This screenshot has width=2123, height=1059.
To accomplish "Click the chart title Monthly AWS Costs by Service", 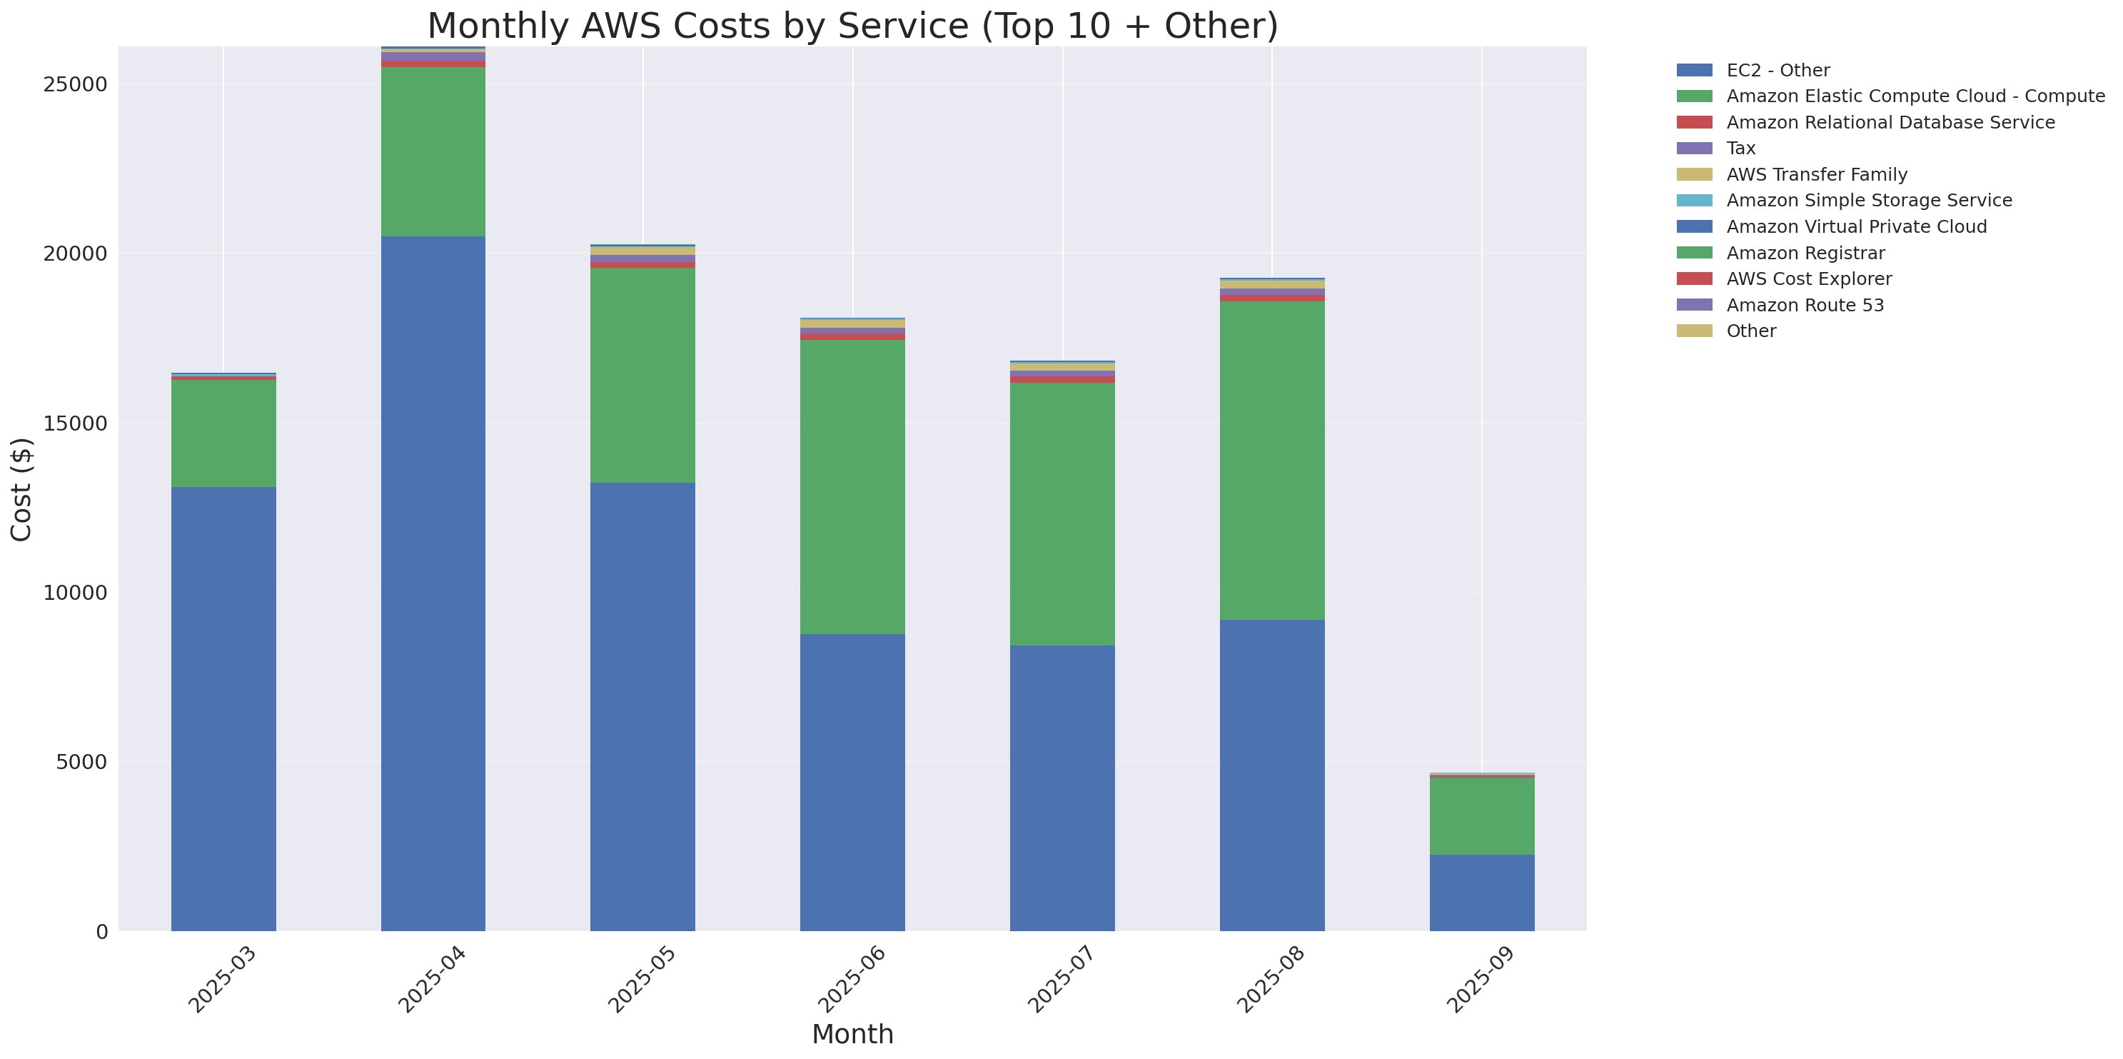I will click(852, 26).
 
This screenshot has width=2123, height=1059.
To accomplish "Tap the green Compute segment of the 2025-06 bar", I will click(852, 486).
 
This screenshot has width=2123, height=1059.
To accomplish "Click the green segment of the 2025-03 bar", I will click(223, 433).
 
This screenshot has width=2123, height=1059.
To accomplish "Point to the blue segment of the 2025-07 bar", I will click(1062, 788).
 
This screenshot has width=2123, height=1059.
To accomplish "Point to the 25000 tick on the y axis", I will click(74, 85).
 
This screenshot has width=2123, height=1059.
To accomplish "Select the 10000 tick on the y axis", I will click(74, 593).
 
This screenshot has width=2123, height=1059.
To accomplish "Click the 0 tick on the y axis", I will click(101, 932).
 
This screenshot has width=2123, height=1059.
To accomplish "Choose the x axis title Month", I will click(852, 1033).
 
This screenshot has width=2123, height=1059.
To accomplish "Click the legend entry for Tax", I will click(1740, 149).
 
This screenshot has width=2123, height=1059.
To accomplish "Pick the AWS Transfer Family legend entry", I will click(1817, 175).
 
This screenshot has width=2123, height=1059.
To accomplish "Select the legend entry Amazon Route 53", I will click(1805, 305).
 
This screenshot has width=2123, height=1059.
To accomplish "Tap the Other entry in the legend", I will click(1751, 331).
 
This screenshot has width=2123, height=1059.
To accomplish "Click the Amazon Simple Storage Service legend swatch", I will click(1695, 200).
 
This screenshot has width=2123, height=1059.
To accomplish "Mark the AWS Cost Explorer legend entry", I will click(1809, 278).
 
